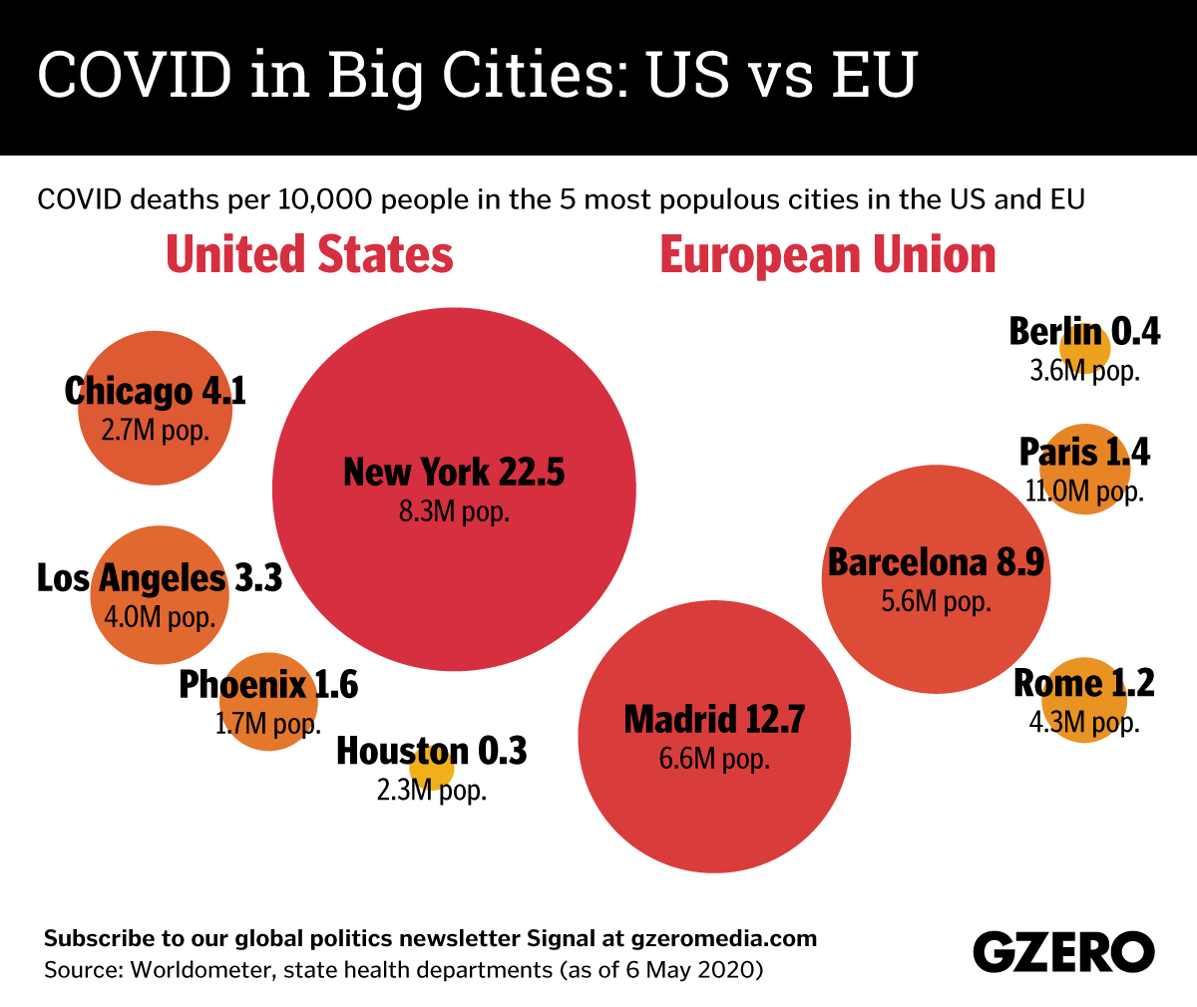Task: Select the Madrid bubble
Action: [714, 798]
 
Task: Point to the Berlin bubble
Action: [1085, 348]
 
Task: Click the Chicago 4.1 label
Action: [155, 391]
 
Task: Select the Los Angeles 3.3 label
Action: [160, 577]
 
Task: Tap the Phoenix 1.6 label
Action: [268, 685]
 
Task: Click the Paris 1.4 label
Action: [1084, 453]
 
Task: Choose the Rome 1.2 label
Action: [1084, 684]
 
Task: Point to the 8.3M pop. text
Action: [454, 512]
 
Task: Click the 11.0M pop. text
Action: [1084, 491]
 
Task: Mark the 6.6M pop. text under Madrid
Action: [714, 759]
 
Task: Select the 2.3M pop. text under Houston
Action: [431, 791]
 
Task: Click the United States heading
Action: [309, 255]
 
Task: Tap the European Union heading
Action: [828, 255]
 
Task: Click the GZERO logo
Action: [1063, 951]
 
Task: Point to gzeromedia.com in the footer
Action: [724, 938]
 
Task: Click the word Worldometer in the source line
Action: [198, 969]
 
